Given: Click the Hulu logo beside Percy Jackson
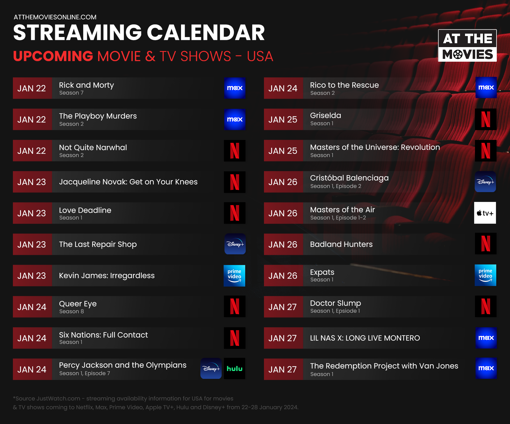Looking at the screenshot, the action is pyautogui.click(x=235, y=368).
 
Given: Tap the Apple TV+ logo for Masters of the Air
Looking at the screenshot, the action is pyautogui.click(x=485, y=213).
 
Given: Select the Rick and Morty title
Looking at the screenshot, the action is pyautogui.click(x=86, y=85).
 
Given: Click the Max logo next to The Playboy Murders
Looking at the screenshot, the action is pyautogui.click(x=235, y=119).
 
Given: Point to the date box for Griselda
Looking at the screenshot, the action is pyautogui.click(x=283, y=119).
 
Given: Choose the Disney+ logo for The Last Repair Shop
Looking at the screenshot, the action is pyautogui.click(x=235, y=244).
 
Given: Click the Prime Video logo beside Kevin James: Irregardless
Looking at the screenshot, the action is pyautogui.click(x=234, y=276).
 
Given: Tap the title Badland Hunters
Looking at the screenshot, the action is pyautogui.click(x=341, y=244).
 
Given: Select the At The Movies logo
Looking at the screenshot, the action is pyautogui.click(x=467, y=45).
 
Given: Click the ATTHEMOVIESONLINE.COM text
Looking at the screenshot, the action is pyautogui.click(x=55, y=17).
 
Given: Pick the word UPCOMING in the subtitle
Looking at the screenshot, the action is pyautogui.click(x=53, y=56).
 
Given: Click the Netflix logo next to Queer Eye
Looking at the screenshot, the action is pyautogui.click(x=235, y=307).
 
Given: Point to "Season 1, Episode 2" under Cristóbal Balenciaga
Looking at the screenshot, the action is pyautogui.click(x=336, y=186).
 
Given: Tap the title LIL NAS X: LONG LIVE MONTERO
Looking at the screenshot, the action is pyautogui.click(x=365, y=338).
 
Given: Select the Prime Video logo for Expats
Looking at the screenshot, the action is pyautogui.click(x=485, y=275).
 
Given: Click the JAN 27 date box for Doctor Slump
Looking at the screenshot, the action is pyautogui.click(x=283, y=307).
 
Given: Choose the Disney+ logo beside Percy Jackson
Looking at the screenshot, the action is pyautogui.click(x=211, y=368).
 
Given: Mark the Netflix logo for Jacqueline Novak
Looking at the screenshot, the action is pyautogui.click(x=235, y=182).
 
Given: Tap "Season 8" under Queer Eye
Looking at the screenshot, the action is pyautogui.click(x=71, y=311).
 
